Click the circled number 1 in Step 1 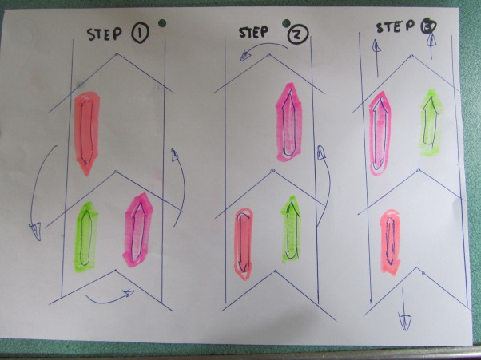pos(140,34)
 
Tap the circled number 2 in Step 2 pos(298,34)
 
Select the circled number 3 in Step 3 pos(427,27)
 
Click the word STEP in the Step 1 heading pos(105,34)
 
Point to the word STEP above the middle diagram pos(253,32)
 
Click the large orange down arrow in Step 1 pos(86,133)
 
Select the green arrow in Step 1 pos(86,237)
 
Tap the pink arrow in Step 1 pos(138,230)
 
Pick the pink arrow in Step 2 pos(289,123)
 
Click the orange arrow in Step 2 pos(244,243)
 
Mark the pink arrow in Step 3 pos(380,133)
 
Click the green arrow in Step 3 pos(430,123)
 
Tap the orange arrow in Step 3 pos(390,242)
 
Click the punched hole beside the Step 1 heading pos(162,23)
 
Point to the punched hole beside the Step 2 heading pos(286,22)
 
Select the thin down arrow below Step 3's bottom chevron pos(403,310)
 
